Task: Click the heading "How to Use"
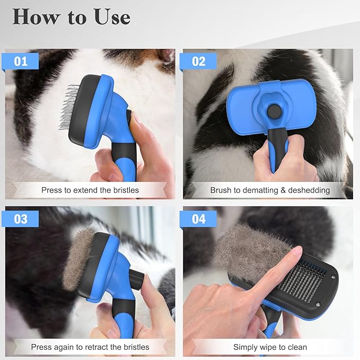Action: [72, 17]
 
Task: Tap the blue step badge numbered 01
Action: [21, 61]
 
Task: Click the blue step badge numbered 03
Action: [21, 218]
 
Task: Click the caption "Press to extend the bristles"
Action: [90, 190]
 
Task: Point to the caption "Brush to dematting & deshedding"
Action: [270, 190]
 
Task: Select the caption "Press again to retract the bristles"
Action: [90, 347]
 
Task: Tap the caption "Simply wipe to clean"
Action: [270, 347]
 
